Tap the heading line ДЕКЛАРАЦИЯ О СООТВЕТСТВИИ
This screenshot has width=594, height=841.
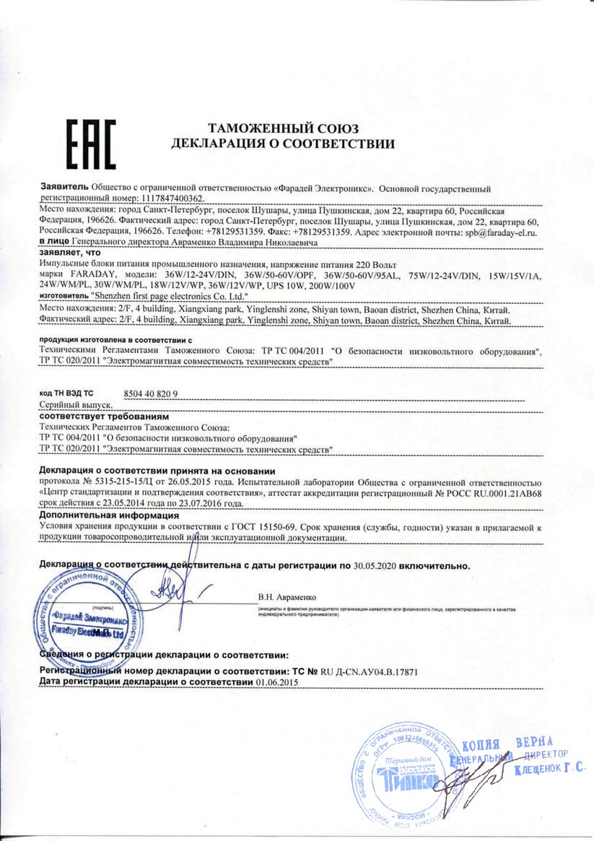click(283, 144)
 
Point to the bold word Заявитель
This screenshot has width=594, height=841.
click(64, 187)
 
